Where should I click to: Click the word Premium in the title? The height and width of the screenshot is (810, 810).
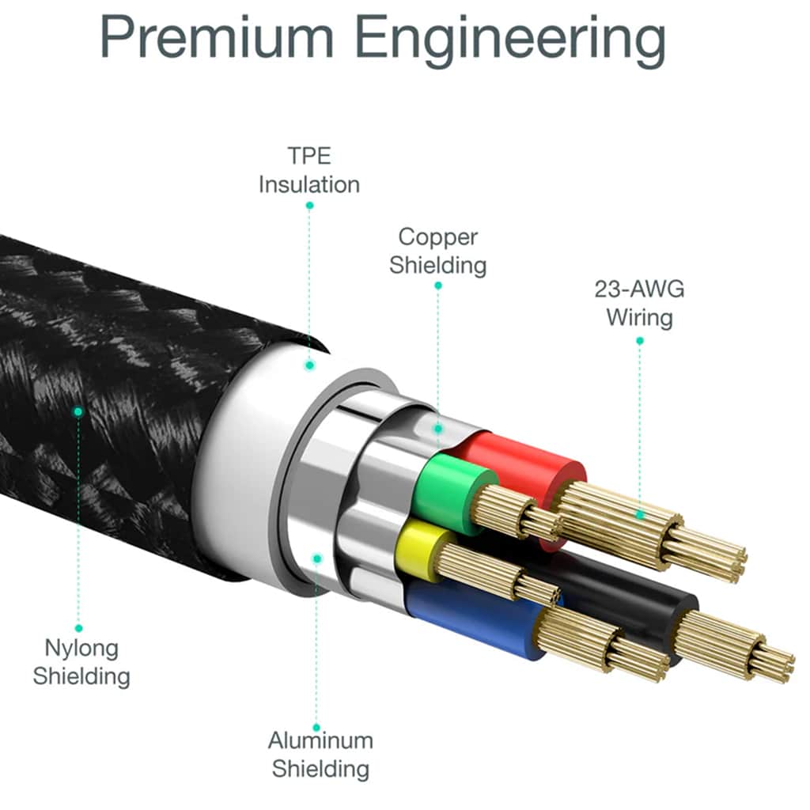(x=217, y=36)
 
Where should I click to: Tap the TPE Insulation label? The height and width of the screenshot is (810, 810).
(x=309, y=170)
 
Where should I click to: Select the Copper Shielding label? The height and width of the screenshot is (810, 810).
(x=438, y=251)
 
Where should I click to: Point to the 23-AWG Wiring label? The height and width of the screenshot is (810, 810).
(x=639, y=303)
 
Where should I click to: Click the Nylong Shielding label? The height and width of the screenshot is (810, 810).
(x=81, y=662)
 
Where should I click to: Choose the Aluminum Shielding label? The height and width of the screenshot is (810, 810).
(x=320, y=754)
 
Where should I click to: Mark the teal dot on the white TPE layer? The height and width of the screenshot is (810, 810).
(x=309, y=365)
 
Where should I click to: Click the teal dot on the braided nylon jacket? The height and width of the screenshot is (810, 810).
(x=78, y=411)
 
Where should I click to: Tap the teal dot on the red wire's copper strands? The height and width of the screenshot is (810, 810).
(x=639, y=514)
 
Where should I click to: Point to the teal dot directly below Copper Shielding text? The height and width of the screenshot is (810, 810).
(x=438, y=286)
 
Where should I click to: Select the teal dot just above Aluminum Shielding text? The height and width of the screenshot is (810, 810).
(x=316, y=728)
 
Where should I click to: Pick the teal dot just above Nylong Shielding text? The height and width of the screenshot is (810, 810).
(x=78, y=628)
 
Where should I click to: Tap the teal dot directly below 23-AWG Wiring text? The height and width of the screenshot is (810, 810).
(x=639, y=341)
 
